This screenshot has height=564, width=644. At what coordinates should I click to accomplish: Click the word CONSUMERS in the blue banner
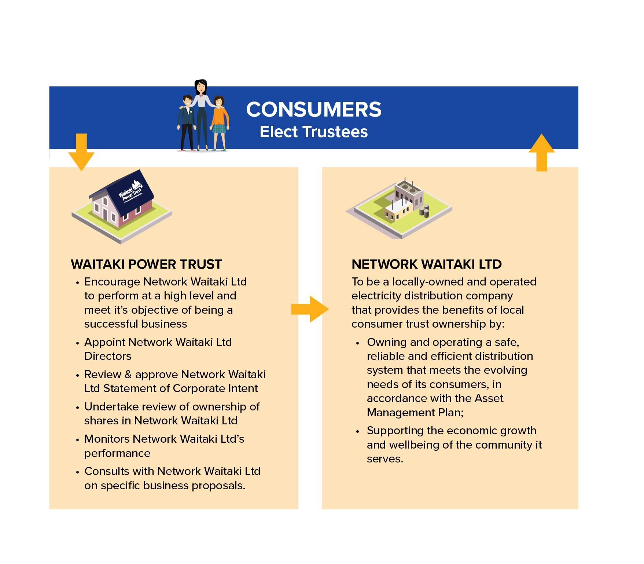[313, 109]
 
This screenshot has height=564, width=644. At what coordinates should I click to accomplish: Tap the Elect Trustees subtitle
[313, 132]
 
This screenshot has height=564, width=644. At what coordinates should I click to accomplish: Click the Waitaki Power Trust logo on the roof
[130, 191]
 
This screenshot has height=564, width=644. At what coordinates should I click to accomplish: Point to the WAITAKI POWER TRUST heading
[146, 264]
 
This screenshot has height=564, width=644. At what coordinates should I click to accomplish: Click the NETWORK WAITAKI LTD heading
[426, 264]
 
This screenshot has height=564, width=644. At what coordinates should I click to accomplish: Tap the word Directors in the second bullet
[108, 356]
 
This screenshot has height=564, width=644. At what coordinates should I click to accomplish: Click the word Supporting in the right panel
[395, 431]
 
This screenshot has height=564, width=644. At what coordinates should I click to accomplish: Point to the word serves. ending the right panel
[385, 459]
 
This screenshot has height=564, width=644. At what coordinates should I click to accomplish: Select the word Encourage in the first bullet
[112, 282]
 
